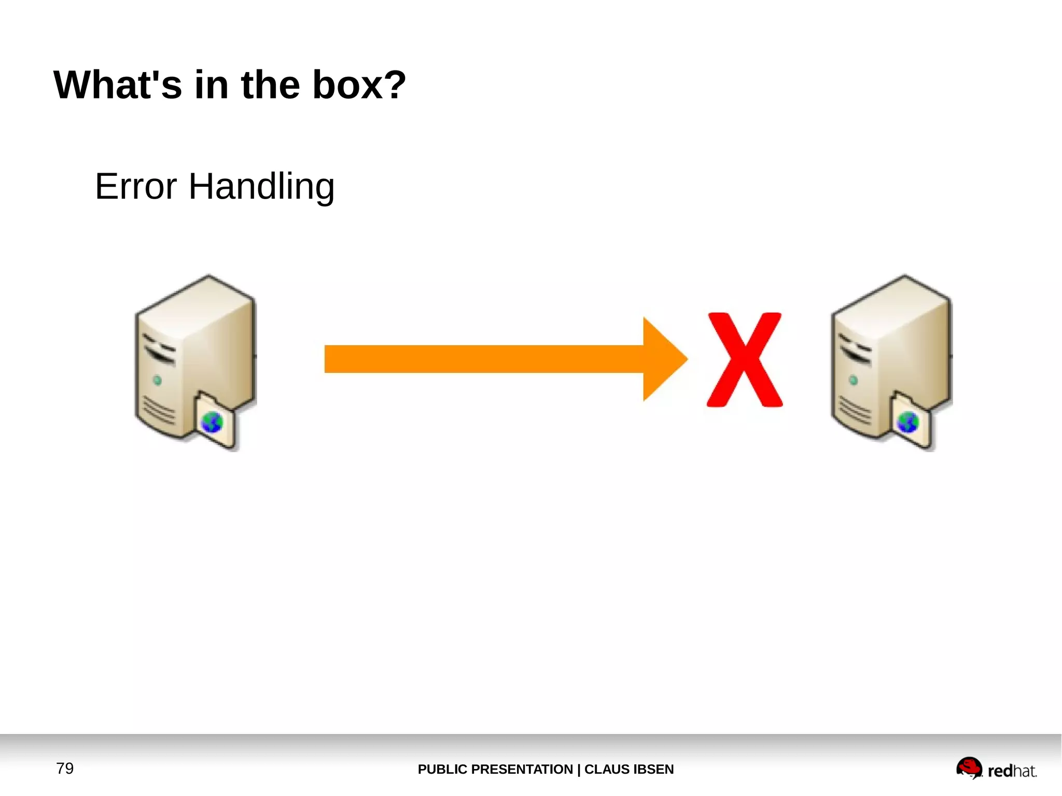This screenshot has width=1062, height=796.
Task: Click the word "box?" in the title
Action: (x=359, y=85)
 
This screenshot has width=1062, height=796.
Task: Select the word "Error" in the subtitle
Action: (x=136, y=186)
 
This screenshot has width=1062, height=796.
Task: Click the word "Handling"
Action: (x=261, y=187)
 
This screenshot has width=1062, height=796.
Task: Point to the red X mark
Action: (x=744, y=360)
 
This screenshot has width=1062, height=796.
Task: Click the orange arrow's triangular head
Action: (x=664, y=359)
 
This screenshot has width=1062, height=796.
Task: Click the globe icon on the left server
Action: (x=212, y=422)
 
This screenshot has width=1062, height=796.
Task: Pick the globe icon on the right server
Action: (x=908, y=422)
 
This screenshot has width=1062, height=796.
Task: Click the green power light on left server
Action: (x=158, y=381)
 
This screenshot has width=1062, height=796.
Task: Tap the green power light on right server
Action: (x=854, y=381)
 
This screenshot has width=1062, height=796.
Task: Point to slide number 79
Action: (x=65, y=768)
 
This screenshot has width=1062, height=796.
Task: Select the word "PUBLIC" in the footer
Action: (x=442, y=769)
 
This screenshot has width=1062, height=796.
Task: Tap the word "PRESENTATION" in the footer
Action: (x=522, y=769)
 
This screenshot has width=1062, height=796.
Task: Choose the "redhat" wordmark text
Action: (x=1012, y=771)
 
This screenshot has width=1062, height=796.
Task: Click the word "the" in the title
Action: (x=271, y=85)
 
